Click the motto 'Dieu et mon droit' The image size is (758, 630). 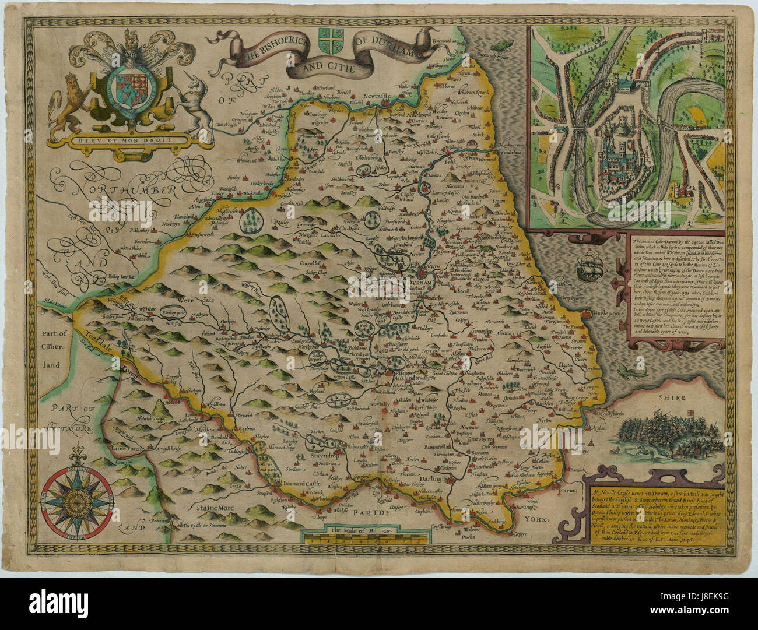pyautogui.click(x=133, y=139)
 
